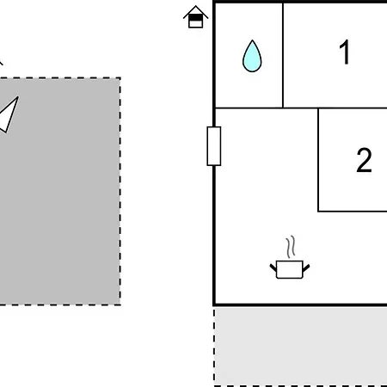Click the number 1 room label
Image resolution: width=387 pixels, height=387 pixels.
pos(345,52)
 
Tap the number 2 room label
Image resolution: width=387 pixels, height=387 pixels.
pos(364,160)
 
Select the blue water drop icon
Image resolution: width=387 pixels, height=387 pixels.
pos(252,56)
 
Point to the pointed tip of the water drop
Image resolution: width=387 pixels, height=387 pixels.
pos(252,40)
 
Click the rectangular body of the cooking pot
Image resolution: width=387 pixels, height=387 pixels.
pos(290,269)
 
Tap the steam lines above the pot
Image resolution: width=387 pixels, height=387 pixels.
pos(291,247)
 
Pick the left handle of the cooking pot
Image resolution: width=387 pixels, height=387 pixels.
pos(273,268)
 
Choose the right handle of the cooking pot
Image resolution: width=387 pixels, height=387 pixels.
pos(306,268)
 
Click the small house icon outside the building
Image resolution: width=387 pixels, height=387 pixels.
pos(196,17)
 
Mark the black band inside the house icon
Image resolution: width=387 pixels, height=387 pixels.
pos(196,18)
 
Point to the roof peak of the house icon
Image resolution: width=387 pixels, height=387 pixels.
pos(196,6)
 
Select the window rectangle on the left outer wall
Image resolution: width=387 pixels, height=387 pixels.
pos(214,146)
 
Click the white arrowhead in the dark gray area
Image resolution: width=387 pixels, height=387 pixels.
pos(9,114)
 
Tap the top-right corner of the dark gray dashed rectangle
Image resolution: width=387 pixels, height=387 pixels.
pos(120,77)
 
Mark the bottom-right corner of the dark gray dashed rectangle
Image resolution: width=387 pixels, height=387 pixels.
pos(120,304)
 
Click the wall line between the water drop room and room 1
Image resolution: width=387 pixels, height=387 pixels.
pos(283,56)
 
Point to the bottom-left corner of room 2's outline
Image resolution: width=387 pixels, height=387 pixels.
pos(318,212)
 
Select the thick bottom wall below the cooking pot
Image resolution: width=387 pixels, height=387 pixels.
pos(300,304)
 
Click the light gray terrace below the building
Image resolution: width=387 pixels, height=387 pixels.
pos(301,346)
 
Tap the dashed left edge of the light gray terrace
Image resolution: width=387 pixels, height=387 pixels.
pos(214,346)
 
